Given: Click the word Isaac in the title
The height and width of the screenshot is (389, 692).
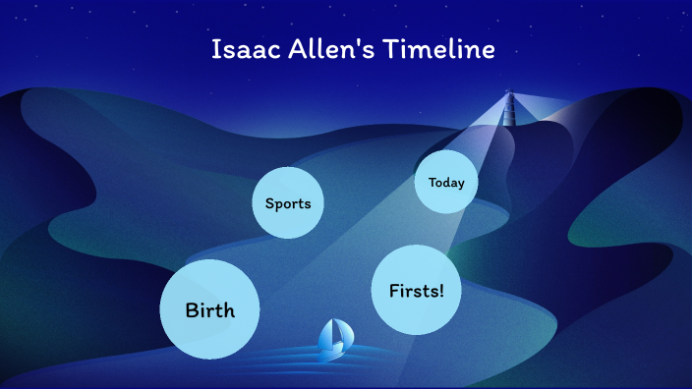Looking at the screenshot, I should click(240, 49).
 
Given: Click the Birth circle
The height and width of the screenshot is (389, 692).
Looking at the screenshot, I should click(210, 309).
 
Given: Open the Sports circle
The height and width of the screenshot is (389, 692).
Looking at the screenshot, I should click(288, 203).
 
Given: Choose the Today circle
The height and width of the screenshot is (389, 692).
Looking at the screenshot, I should click(445, 182).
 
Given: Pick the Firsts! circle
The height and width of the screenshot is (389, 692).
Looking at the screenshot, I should click(417, 291).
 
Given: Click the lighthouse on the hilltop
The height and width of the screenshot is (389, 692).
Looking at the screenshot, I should click(509, 108).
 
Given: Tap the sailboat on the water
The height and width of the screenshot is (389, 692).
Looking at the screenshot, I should click(333, 339).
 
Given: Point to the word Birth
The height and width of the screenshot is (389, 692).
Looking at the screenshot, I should click(210, 310).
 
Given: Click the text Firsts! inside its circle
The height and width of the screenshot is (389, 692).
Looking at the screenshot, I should click(417, 292).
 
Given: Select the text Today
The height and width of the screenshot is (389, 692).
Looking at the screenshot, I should click(446, 183).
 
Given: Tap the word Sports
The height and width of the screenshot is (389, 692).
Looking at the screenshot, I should click(288, 204).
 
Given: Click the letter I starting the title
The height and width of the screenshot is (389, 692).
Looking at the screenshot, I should click(216, 49).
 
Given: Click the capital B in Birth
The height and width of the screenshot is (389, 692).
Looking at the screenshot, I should click(192, 310).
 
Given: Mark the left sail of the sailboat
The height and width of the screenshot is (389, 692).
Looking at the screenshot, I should click(327, 337).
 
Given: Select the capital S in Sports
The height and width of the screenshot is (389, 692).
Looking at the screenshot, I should click(269, 204).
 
